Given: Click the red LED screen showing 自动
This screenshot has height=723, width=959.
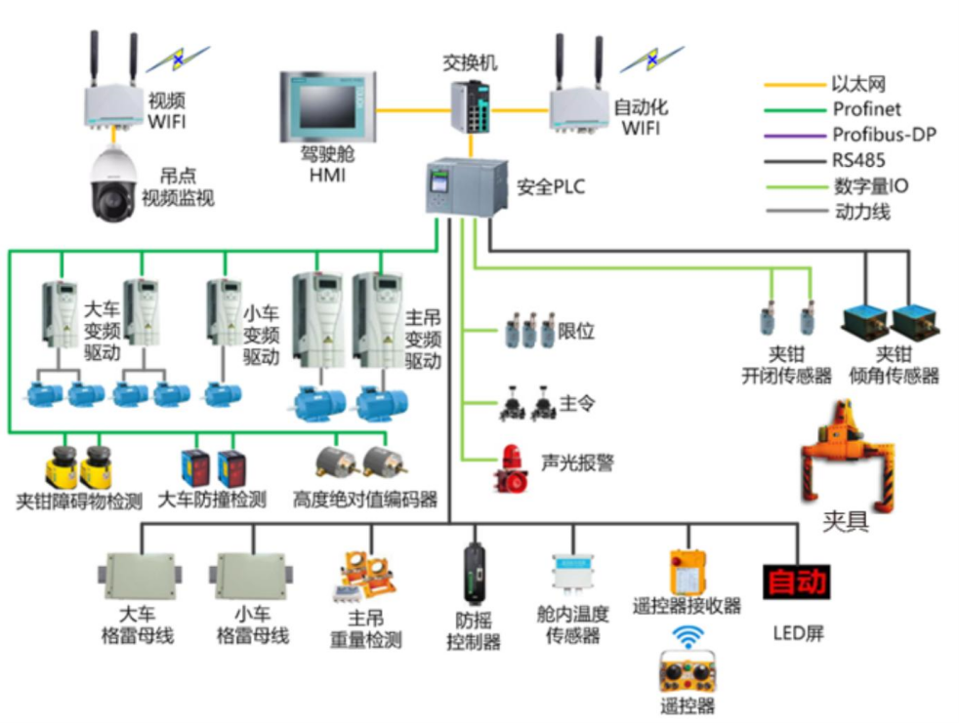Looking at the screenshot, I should point(797,582).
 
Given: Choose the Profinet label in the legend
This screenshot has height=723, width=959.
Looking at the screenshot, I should point(866,109).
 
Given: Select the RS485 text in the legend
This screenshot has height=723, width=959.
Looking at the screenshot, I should point(859,160).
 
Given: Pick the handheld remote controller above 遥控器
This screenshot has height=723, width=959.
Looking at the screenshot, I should point(688,673).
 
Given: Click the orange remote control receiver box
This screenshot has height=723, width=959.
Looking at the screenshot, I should point(688,572).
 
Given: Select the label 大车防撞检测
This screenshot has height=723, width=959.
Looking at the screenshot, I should point(212,501).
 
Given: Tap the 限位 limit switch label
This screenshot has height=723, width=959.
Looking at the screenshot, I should point(576,331).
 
